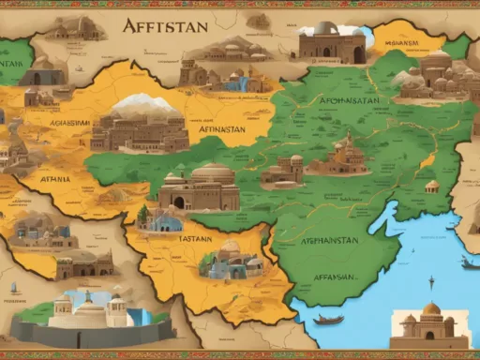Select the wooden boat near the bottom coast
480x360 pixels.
click(x=328, y=320)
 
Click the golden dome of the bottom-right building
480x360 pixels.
click(x=430, y=310)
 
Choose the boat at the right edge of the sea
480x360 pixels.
click(x=469, y=264)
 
